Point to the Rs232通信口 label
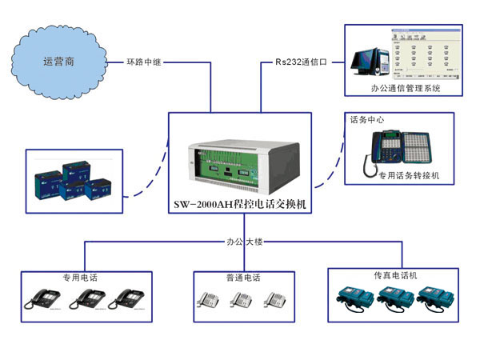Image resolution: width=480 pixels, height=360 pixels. click(x=302, y=62)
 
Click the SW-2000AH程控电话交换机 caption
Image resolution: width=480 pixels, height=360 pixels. click(x=241, y=205)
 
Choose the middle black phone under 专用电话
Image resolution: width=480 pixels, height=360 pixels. click(x=88, y=299)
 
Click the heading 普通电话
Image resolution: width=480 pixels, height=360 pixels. click(x=242, y=278)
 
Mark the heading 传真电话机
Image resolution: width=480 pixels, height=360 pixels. click(x=396, y=275)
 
